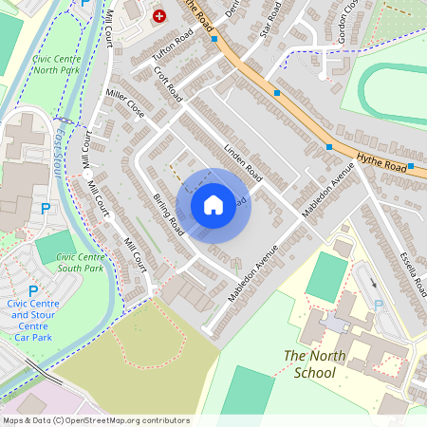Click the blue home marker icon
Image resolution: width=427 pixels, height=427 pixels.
213,204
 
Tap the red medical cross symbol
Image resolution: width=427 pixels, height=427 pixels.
158,16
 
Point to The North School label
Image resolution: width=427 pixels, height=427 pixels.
309,363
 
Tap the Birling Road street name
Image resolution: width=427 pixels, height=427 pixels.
167,213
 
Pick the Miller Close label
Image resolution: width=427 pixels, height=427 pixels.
125,103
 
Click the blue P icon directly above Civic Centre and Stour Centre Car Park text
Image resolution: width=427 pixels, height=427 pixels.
33,291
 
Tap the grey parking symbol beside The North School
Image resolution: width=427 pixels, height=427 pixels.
379,306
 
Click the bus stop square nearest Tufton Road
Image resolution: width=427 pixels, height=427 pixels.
215,39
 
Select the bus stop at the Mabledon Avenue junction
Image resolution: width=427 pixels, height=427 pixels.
329,146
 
